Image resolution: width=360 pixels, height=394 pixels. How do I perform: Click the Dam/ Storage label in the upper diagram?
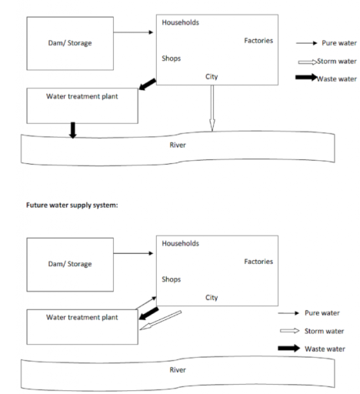[70, 43]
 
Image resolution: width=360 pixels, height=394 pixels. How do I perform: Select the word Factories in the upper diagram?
[258, 40]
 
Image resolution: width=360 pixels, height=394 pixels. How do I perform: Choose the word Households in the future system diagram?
[180, 243]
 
